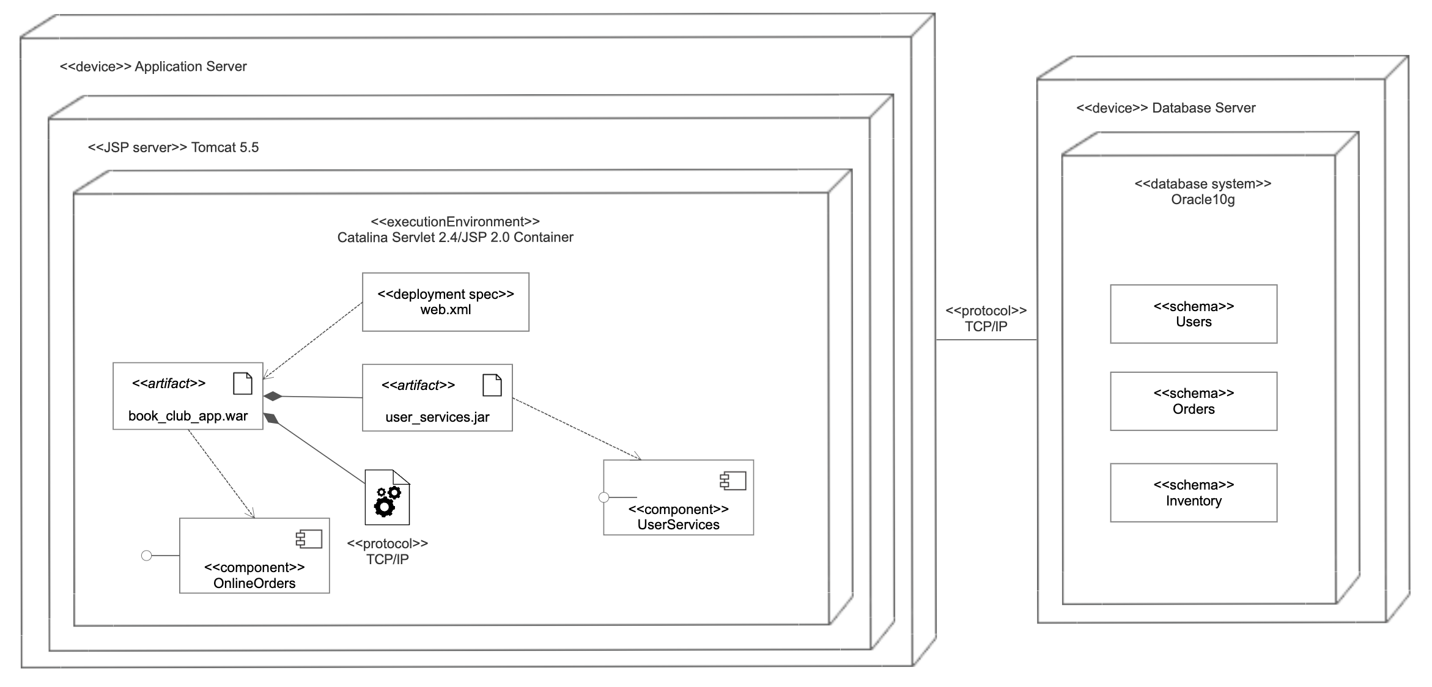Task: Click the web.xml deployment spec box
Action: pyautogui.click(x=445, y=302)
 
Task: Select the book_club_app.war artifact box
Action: pyautogui.click(x=188, y=396)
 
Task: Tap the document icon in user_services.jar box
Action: pyautogui.click(x=492, y=385)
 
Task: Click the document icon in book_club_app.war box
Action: pyautogui.click(x=243, y=383)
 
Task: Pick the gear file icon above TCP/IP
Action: pyautogui.click(x=387, y=498)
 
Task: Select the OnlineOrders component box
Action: pyautogui.click(x=254, y=556)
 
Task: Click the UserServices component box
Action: pyautogui.click(x=678, y=498)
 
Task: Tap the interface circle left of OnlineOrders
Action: pyautogui.click(x=146, y=556)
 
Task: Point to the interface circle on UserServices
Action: pyautogui.click(x=603, y=498)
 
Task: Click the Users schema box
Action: pyautogui.click(x=1194, y=314)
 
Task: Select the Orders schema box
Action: pyautogui.click(x=1194, y=402)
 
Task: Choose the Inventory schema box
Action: pyautogui.click(x=1194, y=493)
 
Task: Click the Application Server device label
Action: pyautogui.click(x=153, y=67)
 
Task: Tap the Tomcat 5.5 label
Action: pyautogui.click(x=174, y=147)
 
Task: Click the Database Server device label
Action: pyautogui.click(x=1165, y=108)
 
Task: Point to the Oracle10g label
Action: pyautogui.click(x=1203, y=200)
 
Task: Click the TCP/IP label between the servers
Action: pyautogui.click(x=986, y=326)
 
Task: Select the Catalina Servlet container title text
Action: pyautogui.click(x=455, y=237)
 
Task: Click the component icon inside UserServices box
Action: pyautogui.click(x=733, y=481)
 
